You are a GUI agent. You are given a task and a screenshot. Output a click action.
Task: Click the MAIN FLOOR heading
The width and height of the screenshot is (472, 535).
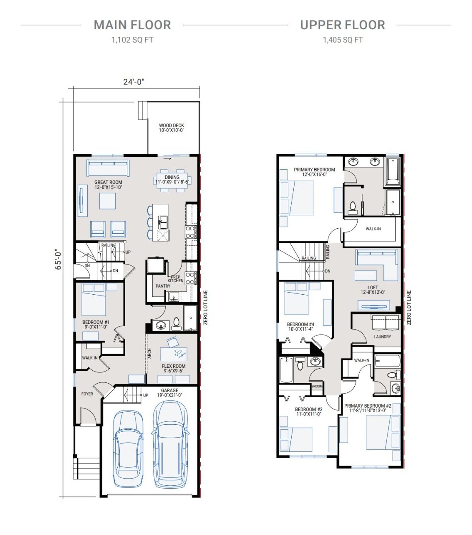tap(132, 25)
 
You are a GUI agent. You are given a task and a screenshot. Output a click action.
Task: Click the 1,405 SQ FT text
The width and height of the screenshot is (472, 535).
tap(343, 40)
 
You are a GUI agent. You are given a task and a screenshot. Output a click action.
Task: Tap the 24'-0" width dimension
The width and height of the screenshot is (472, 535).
tap(134, 82)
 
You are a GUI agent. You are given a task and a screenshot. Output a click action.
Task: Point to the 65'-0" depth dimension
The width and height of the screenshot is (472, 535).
tap(58, 259)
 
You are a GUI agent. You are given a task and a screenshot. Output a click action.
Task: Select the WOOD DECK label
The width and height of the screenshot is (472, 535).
tap(171, 127)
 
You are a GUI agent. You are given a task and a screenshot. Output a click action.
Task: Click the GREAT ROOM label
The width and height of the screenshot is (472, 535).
tap(108, 184)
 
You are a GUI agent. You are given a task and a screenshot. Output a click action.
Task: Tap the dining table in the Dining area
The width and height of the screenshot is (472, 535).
tap(172, 181)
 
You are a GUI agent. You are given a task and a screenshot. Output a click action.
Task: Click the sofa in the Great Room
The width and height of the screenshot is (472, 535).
tap(108, 168)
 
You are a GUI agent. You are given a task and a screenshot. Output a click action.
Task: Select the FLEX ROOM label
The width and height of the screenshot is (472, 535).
tap(174, 368)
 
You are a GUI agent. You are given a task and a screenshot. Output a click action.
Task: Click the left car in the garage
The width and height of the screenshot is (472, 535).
tap(128, 448)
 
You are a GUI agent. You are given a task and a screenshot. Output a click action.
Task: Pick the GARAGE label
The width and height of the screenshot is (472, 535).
tap(169, 392)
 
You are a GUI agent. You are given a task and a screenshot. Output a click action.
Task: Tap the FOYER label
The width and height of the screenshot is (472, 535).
tap(87, 394)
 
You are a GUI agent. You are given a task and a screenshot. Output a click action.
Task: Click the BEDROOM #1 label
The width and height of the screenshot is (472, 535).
tap(96, 324)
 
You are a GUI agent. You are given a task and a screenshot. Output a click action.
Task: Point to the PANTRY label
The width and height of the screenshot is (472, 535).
tap(163, 286)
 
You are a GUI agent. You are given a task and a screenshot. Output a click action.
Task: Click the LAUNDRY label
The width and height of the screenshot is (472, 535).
tap(382, 337)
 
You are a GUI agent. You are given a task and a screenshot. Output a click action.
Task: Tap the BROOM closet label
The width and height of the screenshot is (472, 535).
tap(317, 386)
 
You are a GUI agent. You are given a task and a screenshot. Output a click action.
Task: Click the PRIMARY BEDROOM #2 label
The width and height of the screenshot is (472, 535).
tap(368, 408)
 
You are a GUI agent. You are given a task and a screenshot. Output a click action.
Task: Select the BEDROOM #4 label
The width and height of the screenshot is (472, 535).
tap(300, 326)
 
